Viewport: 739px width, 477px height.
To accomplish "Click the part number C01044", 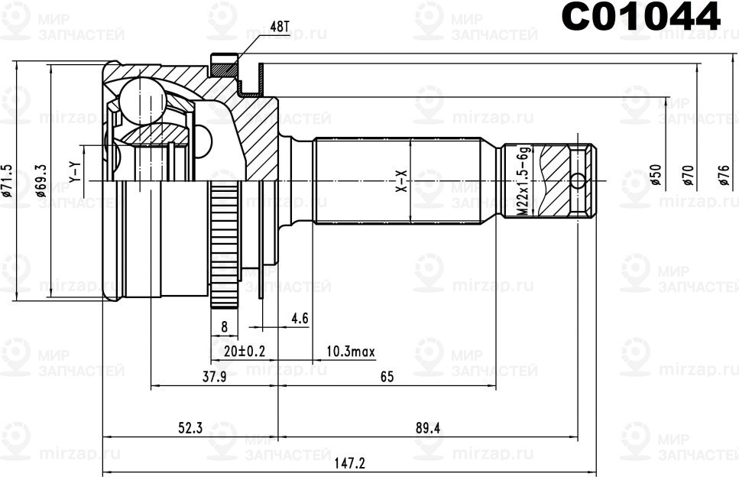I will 640,17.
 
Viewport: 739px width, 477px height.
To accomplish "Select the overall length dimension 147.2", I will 351,463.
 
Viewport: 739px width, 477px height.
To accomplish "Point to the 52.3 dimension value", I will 190,428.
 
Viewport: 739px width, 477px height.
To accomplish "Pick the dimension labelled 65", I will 386,376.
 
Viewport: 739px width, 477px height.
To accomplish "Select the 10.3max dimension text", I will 351,351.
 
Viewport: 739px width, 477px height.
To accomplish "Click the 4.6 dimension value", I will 299,319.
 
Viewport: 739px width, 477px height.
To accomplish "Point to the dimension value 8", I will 224,326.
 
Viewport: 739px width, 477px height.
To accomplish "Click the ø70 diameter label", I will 688,177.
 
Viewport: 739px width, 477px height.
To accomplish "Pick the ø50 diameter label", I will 655,177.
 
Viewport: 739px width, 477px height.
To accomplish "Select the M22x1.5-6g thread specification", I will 523,182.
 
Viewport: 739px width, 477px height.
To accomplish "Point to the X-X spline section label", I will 401,180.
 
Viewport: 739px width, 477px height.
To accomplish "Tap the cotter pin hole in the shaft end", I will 579,181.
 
